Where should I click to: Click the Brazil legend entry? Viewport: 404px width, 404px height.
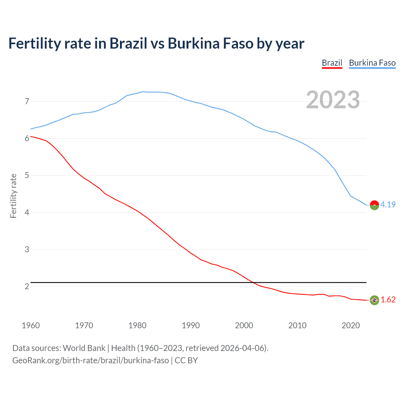click(332, 63)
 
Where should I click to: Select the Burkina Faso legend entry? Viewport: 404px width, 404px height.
click(372, 63)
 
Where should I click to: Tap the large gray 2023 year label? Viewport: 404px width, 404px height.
click(333, 100)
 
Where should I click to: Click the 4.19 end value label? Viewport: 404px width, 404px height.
click(388, 205)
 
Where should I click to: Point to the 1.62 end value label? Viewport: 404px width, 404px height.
click(388, 300)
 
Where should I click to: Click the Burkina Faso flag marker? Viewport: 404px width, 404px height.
click(374, 205)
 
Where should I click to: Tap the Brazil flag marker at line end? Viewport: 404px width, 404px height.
click(374, 300)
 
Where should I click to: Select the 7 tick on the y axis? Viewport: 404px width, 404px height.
click(27, 101)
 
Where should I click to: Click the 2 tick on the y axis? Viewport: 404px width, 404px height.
click(27, 286)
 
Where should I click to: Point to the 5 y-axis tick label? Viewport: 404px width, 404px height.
click(27, 175)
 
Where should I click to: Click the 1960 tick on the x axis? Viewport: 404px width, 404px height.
click(31, 325)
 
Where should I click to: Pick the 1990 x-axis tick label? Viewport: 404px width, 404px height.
click(191, 325)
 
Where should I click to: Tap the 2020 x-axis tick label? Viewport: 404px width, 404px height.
click(351, 325)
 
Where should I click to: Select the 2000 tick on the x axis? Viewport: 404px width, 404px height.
click(244, 325)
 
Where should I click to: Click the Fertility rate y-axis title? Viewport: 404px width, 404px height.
click(13, 196)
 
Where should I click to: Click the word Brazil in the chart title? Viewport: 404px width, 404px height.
click(128, 43)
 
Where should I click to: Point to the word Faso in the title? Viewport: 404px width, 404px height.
click(238, 43)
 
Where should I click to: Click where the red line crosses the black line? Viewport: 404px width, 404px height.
click(253, 282)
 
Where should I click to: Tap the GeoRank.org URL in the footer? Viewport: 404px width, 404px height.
click(91, 360)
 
